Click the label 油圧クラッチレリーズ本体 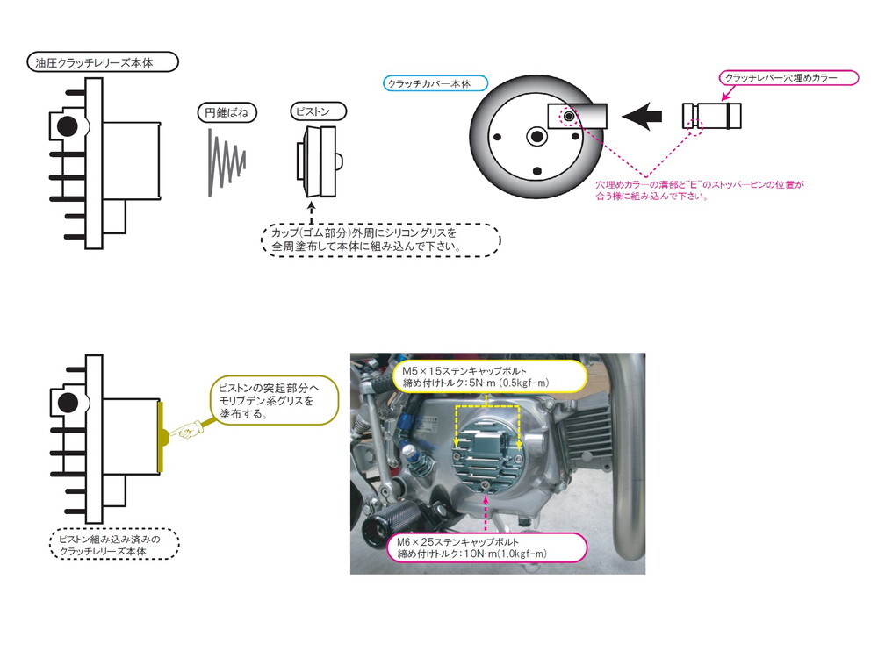pyautogui.click(x=104, y=62)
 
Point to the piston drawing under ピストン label pyautogui.click(x=319, y=161)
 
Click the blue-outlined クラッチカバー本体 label pyautogui.click(x=428, y=85)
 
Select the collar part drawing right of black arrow pyautogui.click(x=712, y=116)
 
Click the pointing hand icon pyautogui.click(x=186, y=431)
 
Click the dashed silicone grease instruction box pyautogui.click(x=379, y=238)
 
